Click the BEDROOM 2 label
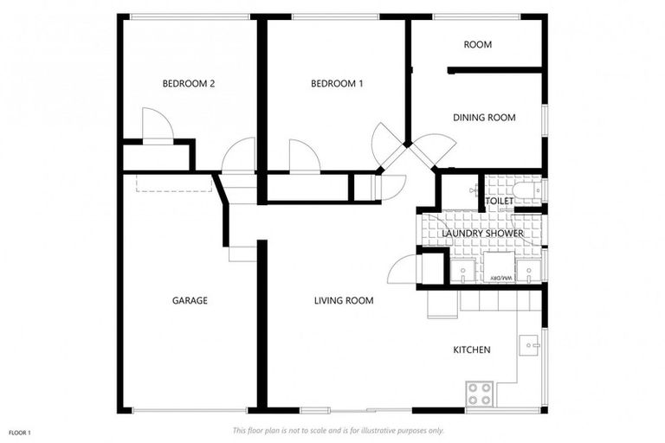[188, 84]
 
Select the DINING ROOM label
[484, 118]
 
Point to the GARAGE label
[189, 301]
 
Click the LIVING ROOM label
[343, 301]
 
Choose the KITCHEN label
[472, 350]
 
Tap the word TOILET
[499, 202]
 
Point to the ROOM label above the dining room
[477, 45]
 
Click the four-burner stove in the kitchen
[480, 394]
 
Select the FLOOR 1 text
[19, 432]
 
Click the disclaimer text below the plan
[338, 430]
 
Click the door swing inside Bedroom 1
[304, 157]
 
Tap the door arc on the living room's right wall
[403, 270]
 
